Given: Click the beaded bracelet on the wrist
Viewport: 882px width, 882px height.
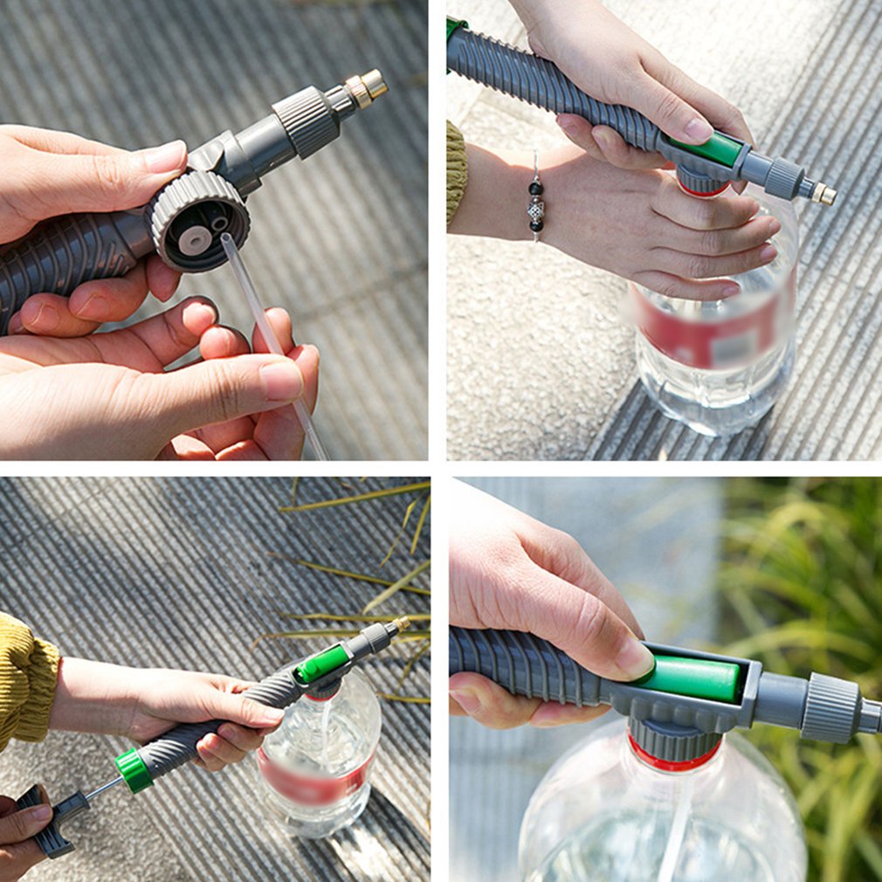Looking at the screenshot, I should (534, 203).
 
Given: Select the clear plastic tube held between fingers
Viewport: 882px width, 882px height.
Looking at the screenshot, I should (262, 323).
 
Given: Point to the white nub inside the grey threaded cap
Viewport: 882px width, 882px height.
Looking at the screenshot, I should (194, 239).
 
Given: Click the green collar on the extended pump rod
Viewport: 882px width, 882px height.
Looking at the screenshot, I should (134, 770).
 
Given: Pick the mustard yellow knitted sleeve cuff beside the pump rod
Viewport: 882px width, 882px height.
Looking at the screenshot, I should (24, 681).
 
